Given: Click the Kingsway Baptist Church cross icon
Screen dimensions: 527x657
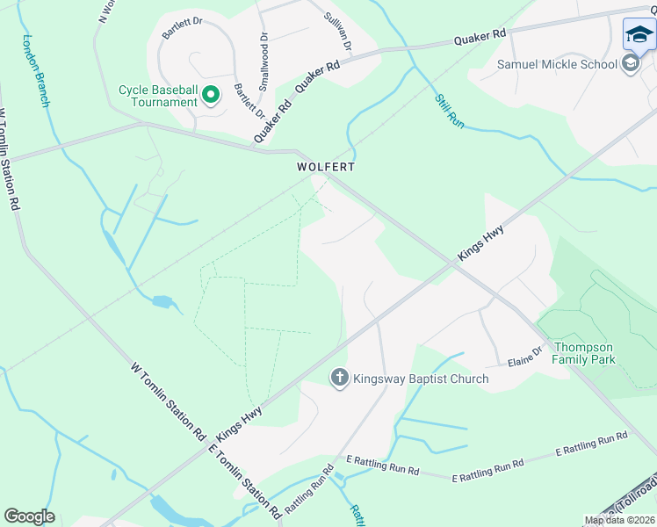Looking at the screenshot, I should coord(339,379).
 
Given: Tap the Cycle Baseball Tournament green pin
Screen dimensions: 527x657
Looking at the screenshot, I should coord(211,94).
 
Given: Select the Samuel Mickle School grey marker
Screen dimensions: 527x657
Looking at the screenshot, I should coord(630,63).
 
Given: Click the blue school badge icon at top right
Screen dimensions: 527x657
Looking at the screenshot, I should coord(639,35).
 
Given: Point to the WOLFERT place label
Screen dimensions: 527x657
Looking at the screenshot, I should coord(324,166).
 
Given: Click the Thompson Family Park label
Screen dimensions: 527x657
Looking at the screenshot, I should coord(583,352).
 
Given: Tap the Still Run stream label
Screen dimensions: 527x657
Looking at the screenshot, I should coord(448,111).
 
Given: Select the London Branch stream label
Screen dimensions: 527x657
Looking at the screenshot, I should coord(37,70).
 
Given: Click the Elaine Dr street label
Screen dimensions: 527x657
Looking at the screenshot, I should coord(526,357).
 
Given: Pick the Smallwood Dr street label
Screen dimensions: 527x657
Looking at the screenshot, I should coord(264,62).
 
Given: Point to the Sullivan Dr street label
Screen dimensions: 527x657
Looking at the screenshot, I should coord(337,31).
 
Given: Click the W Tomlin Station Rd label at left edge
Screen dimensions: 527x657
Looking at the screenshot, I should coord(10,159).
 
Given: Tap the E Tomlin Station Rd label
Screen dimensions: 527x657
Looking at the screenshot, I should coord(245,480).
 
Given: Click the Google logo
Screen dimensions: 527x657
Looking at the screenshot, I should coord(29,516).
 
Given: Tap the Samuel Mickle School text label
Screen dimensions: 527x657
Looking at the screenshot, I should coord(557,63).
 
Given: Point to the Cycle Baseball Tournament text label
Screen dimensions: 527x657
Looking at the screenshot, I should coord(158,95).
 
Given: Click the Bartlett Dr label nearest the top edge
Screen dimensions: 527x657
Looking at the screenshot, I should coord(183,29).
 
